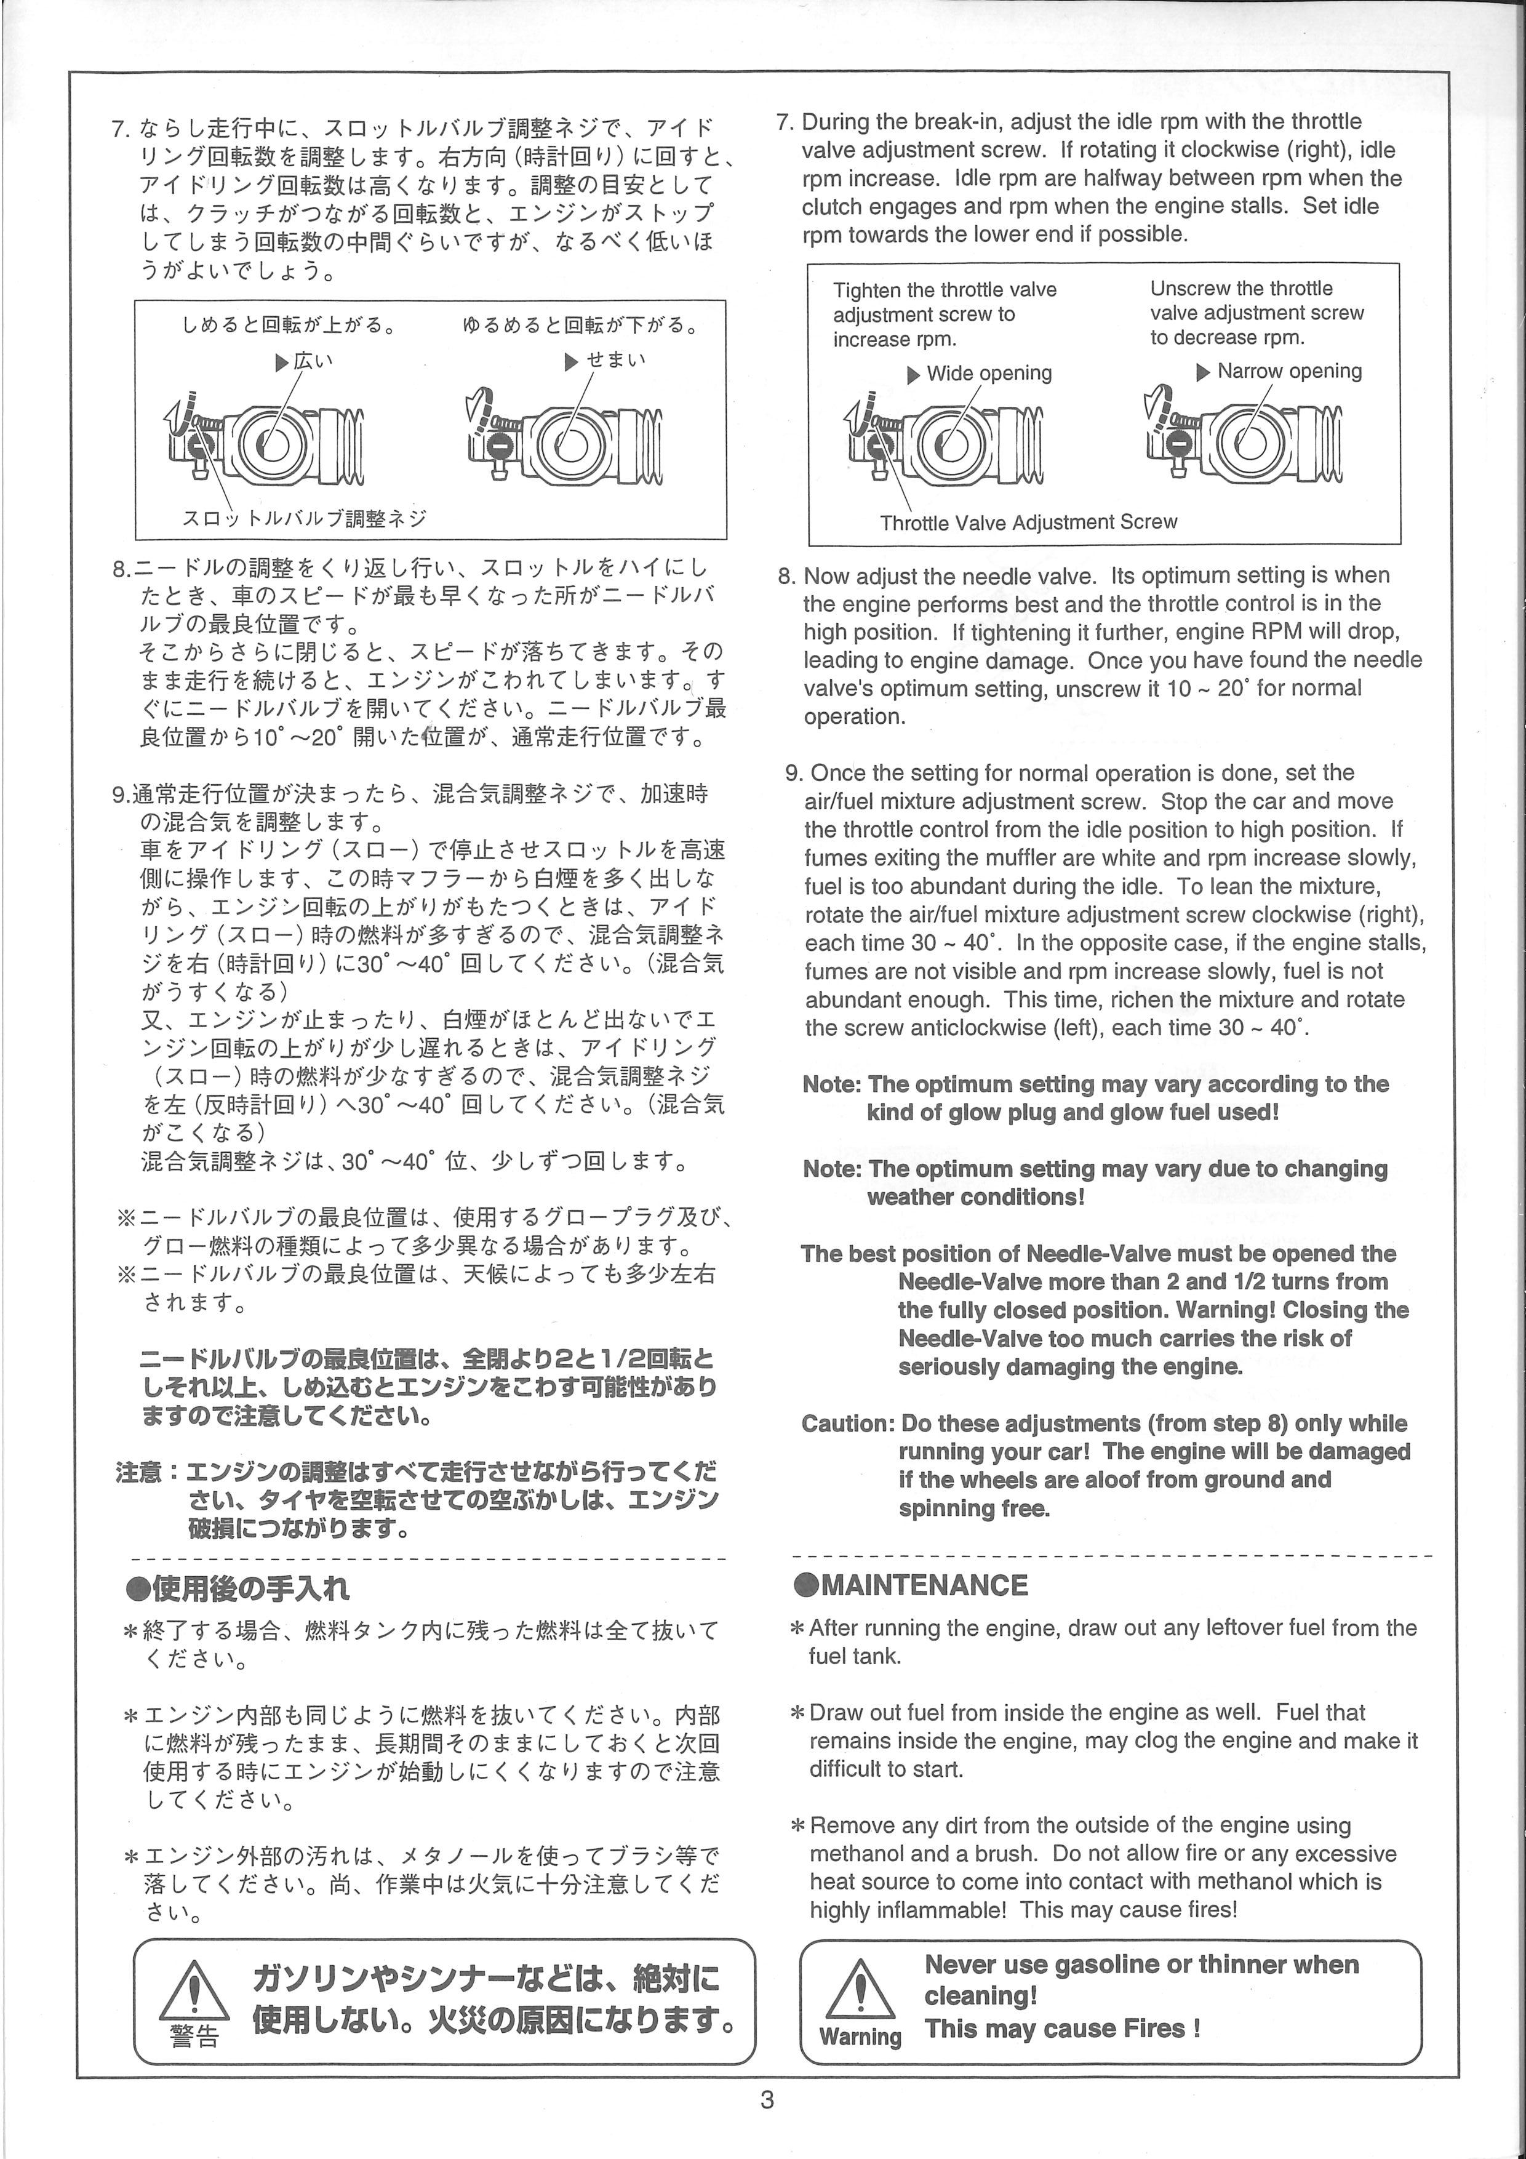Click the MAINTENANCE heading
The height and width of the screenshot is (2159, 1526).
924,1585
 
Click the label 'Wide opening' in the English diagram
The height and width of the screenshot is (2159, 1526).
988,374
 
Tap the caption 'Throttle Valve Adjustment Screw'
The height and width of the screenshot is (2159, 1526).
1028,523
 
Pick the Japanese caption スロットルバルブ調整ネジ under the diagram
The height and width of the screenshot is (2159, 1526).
304,518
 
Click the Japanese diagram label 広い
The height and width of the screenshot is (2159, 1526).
313,360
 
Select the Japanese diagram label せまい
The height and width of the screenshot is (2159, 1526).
616,360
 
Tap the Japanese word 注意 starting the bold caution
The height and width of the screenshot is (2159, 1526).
139,1472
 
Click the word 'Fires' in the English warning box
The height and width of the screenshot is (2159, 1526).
1154,2029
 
